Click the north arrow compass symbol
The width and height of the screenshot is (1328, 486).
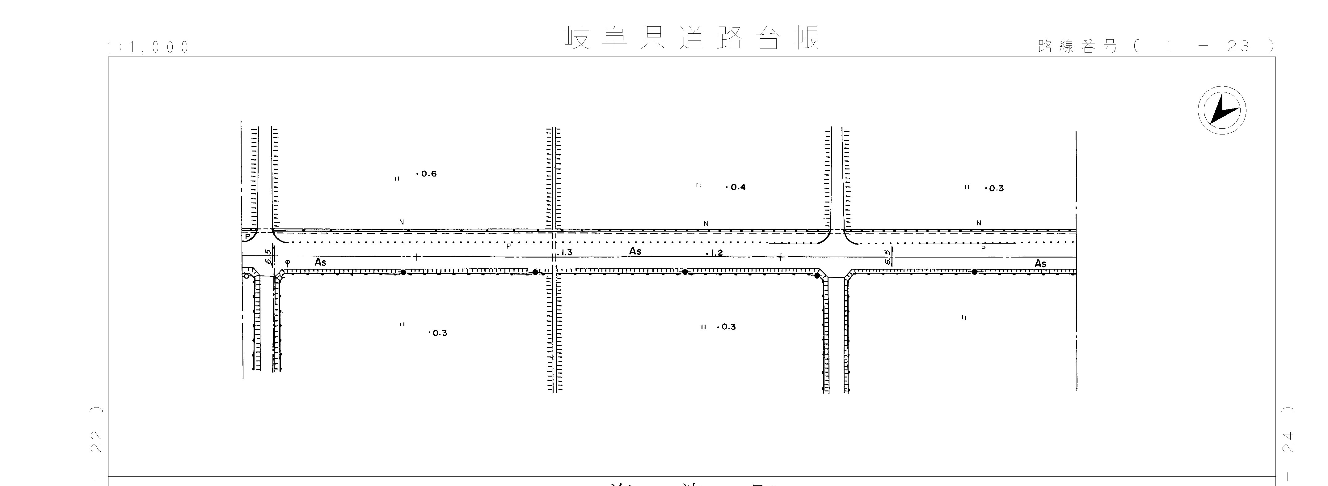click(1221, 111)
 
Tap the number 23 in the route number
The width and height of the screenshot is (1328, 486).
click(1238, 46)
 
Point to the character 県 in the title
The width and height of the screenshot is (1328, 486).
click(653, 38)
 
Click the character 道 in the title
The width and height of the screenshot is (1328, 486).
click(691, 38)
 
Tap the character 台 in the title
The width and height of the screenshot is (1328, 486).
click(768, 38)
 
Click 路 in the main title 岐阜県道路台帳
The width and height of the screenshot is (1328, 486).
click(729, 38)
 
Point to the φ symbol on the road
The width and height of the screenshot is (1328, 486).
click(288, 262)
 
